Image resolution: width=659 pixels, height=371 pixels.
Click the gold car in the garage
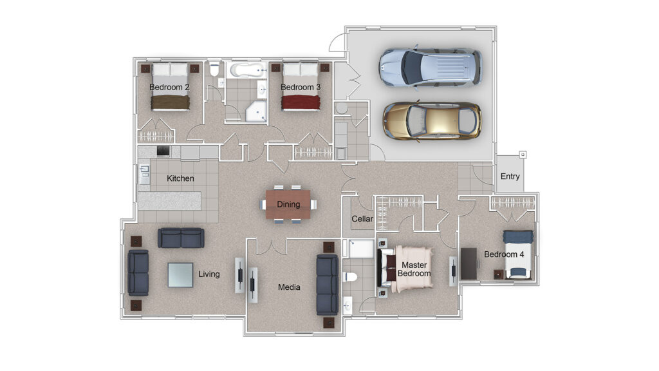[x=432, y=121]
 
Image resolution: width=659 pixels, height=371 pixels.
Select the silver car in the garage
[x=431, y=68]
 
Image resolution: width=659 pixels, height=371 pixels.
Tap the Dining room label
[x=288, y=204]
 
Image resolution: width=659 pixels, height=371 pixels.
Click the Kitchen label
[x=180, y=178]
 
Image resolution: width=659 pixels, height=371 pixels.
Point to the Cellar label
[x=362, y=219]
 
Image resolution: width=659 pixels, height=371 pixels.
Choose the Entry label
[x=510, y=176]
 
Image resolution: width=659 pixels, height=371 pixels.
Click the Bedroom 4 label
[x=504, y=254]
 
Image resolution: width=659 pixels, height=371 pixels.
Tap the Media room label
[x=289, y=287]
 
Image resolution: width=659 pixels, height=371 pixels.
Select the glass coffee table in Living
[x=181, y=275]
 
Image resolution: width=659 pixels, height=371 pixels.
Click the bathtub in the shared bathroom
[x=248, y=70]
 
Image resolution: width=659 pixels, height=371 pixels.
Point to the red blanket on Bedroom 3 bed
[x=301, y=102]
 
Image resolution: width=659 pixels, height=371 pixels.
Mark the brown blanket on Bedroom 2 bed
[x=170, y=102]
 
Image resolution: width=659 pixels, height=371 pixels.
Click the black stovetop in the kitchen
[x=163, y=151]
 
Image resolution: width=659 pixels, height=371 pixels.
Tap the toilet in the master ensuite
[x=350, y=277]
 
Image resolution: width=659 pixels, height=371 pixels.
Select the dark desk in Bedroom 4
[x=469, y=263]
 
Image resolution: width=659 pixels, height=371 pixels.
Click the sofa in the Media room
[x=328, y=284]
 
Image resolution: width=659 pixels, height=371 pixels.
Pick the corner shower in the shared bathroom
[x=256, y=111]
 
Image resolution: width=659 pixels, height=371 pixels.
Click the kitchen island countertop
[x=169, y=201]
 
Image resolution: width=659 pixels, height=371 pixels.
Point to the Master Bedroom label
[x=414, y=269]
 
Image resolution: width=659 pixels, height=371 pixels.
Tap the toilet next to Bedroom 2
[x=215, y=68]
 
